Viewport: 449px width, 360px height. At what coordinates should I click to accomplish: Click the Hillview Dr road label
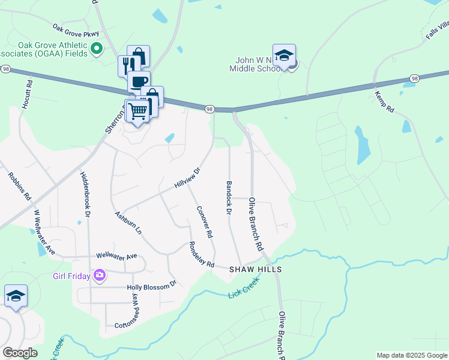pos(187,178)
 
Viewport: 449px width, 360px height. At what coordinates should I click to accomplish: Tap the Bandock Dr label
pos(229,197)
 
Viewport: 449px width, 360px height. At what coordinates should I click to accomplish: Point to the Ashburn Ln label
pos(128,223)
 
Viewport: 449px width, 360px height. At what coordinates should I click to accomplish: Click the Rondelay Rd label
pos(201,254)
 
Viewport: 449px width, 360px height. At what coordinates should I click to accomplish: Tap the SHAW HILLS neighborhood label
pos(256,270)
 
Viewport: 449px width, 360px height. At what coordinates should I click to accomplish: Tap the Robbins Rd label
pos(19,186)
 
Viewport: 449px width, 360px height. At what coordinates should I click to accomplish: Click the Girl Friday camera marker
pos(100,276)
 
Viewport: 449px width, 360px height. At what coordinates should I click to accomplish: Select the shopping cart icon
pos(138,110)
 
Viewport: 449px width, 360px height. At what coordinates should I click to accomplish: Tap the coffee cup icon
pos(139,82)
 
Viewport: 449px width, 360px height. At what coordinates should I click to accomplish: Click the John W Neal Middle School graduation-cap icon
pos(284,56)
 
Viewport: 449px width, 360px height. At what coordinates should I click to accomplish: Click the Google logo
pos(20,353)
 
